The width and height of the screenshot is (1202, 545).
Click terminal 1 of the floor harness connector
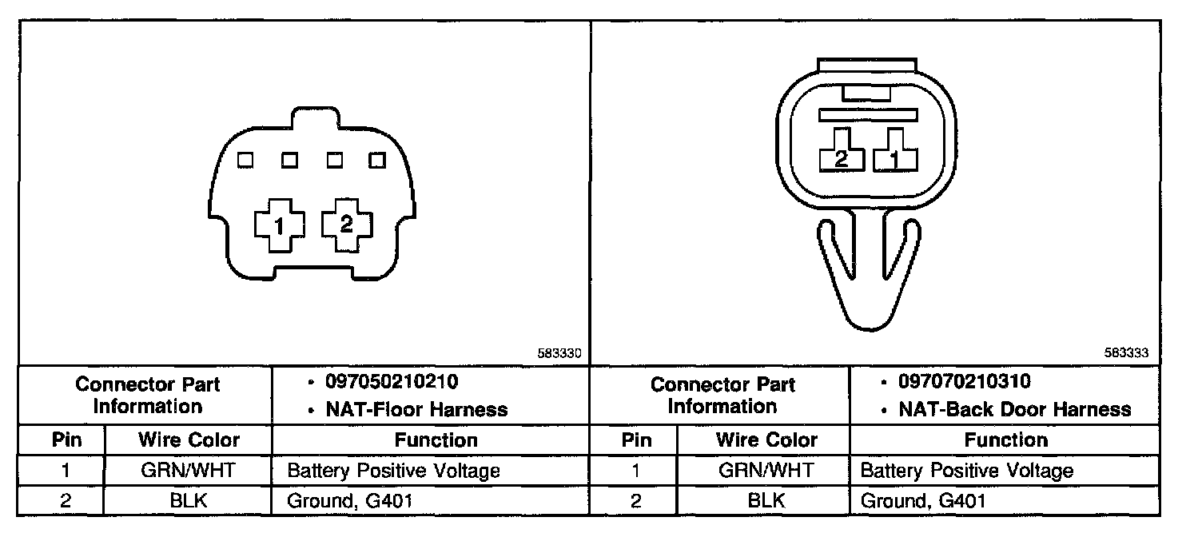[279, 226]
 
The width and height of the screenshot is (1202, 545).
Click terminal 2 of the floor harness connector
[346, 225]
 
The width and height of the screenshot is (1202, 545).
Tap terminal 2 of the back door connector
[841, 159]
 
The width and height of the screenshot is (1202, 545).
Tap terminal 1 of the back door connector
[894, 160]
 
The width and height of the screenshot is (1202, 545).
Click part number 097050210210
[392, 382]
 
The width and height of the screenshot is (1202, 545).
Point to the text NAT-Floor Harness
[416, 410]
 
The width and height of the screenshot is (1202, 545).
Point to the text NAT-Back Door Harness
[1014, 410]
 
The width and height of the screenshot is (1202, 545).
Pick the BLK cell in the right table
[766, 501]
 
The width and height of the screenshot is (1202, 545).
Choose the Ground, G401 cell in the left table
[351, 501]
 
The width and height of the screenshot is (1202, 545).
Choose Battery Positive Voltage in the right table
[966, 470]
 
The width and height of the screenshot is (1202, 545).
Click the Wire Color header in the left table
[189, 440]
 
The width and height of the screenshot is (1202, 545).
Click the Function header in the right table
[1005, 440]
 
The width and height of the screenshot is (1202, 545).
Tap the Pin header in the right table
[636, 440]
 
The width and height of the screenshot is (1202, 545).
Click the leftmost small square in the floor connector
[246, 161]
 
